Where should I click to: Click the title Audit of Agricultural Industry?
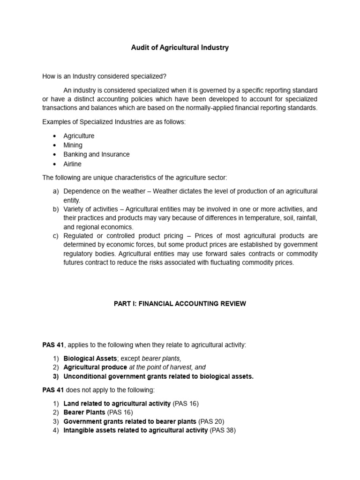coord(180,48)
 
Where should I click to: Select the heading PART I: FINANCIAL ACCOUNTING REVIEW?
coord(180,304)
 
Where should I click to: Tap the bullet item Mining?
coord(73,145)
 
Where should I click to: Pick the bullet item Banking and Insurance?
coord(97,154)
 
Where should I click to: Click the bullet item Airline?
coord(72,164)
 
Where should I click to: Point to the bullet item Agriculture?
coord(79,136)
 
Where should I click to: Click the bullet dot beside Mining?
coord(54,145)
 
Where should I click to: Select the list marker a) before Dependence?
coord(55,191)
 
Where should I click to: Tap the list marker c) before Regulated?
coord(55,235)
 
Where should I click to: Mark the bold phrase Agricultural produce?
coord(95,367)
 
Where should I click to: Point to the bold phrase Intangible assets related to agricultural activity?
coord(135,430)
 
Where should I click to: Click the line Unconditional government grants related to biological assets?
coord(158,376)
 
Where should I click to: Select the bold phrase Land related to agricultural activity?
coord(117,403)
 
